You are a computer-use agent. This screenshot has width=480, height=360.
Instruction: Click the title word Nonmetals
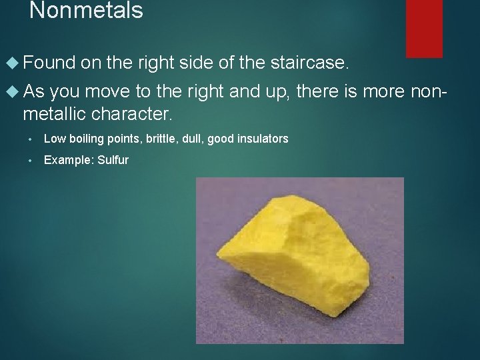point(86,11)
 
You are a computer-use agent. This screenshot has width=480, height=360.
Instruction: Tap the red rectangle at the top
point(424,28)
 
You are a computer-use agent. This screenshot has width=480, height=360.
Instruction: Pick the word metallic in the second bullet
point(56,114)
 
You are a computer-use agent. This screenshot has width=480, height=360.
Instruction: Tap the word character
point(134,114)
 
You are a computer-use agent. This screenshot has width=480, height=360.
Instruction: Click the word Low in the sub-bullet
point(53,139)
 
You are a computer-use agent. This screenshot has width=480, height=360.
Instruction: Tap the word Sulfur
point(113,160)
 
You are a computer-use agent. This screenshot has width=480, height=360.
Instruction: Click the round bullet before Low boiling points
point(31,139)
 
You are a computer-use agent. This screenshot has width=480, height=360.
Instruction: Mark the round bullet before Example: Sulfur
point(31,161)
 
